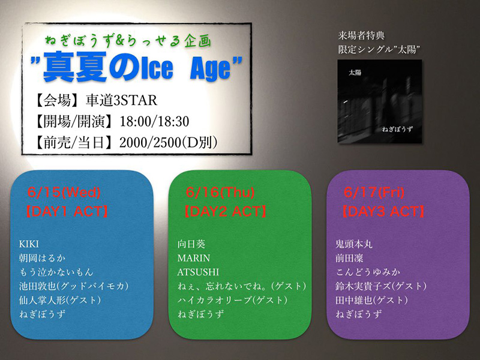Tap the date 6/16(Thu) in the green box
pos(220,193)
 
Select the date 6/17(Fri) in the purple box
pos(374,193)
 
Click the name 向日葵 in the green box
pos(191,244)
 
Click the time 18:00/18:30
pos(154,122)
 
